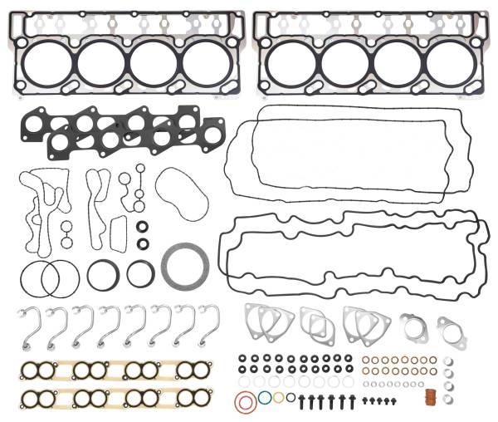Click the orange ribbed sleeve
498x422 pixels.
click(432, 398)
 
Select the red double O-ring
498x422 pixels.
click(243, 404)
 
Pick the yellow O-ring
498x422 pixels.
click(278, 397)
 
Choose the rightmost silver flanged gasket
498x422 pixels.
click(449, 326)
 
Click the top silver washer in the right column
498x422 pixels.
click(448, 361)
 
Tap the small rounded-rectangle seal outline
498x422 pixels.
click(118, 226)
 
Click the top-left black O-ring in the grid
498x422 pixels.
click(242, 360)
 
